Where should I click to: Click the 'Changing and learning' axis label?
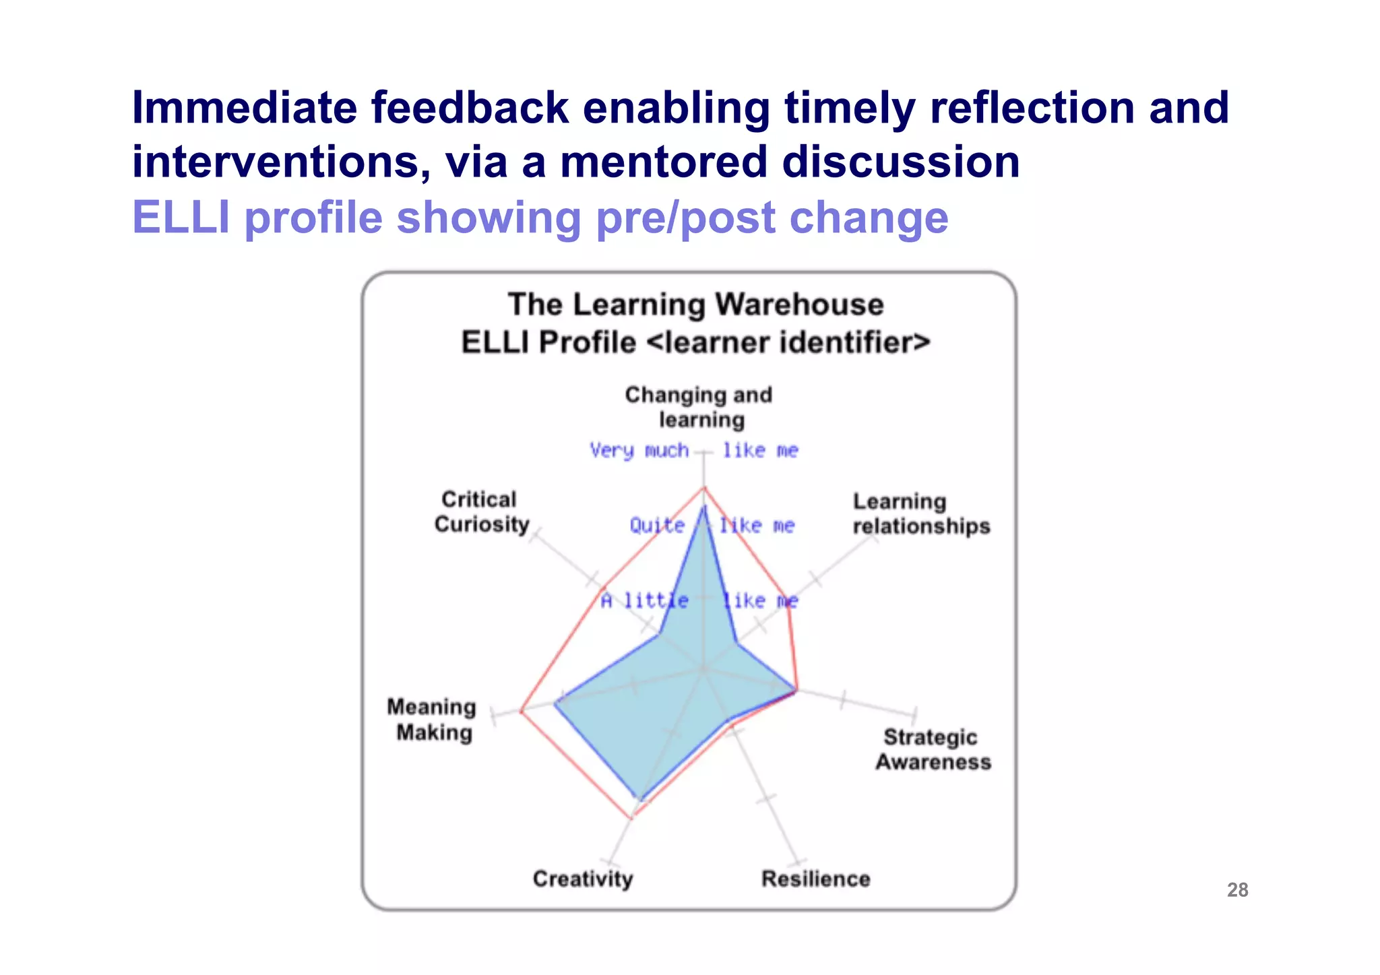699,407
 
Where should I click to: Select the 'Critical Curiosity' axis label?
481,512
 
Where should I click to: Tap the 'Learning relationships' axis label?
920,514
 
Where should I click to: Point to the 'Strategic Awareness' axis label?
933,749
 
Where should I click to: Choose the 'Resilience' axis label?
815,879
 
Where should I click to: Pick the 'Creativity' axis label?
583,879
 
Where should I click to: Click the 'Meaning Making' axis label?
432,720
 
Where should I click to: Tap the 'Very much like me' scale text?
693,450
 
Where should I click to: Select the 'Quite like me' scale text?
712,526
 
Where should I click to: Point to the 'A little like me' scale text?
699,600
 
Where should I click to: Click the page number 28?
1237,890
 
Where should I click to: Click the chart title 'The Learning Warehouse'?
695,305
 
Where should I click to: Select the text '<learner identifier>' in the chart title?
788,342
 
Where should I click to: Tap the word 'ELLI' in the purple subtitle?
181,218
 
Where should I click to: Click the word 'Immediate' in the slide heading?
244,108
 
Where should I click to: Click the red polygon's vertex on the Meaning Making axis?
521,711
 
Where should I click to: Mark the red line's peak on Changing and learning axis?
704,487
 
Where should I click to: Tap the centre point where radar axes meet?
704,669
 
